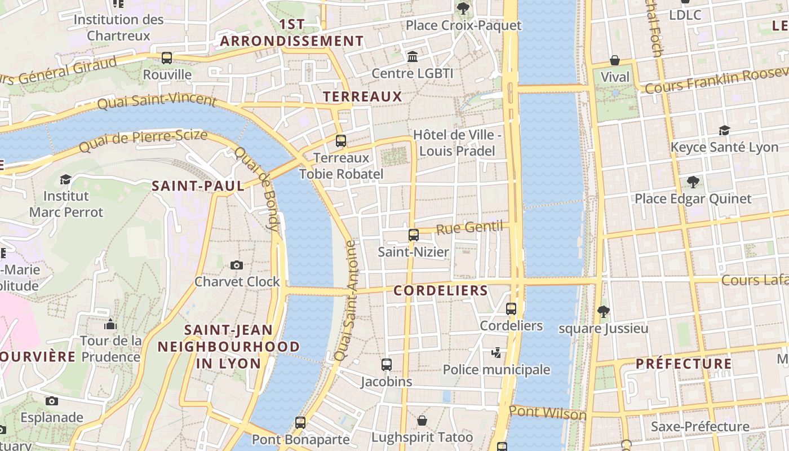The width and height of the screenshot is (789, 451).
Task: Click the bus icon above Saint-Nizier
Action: point(414,235)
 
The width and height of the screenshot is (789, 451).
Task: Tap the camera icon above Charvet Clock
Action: point(237,265)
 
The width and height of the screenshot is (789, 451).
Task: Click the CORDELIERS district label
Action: point(441,291)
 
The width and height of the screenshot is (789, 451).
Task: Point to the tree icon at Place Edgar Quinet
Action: point(693,182)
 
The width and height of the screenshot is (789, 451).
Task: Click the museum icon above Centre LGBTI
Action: point(413,56)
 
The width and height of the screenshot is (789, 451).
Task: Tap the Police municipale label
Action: point(496,370)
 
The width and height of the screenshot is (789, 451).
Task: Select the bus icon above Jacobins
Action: point(387,365)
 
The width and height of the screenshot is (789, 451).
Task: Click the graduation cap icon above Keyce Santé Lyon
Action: point(725,131)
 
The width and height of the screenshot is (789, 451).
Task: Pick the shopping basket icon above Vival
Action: point(615,60)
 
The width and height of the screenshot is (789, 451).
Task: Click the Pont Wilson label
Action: point(547,413)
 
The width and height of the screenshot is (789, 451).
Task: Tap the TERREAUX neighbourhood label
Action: point(362,97)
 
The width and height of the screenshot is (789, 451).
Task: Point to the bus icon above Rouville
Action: point(167,58)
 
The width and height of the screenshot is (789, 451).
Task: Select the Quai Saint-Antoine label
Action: point(345,301)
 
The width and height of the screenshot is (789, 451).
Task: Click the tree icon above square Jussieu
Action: point(604,311)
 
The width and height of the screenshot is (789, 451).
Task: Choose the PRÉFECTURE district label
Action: point(684,364)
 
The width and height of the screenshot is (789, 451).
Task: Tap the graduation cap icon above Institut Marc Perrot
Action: point(66,179)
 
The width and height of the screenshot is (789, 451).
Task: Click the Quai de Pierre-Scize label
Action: point(143,141)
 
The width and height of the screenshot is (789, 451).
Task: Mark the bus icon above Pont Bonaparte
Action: point(300,422)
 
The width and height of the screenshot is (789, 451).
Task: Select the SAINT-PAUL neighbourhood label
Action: point(198,186)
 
